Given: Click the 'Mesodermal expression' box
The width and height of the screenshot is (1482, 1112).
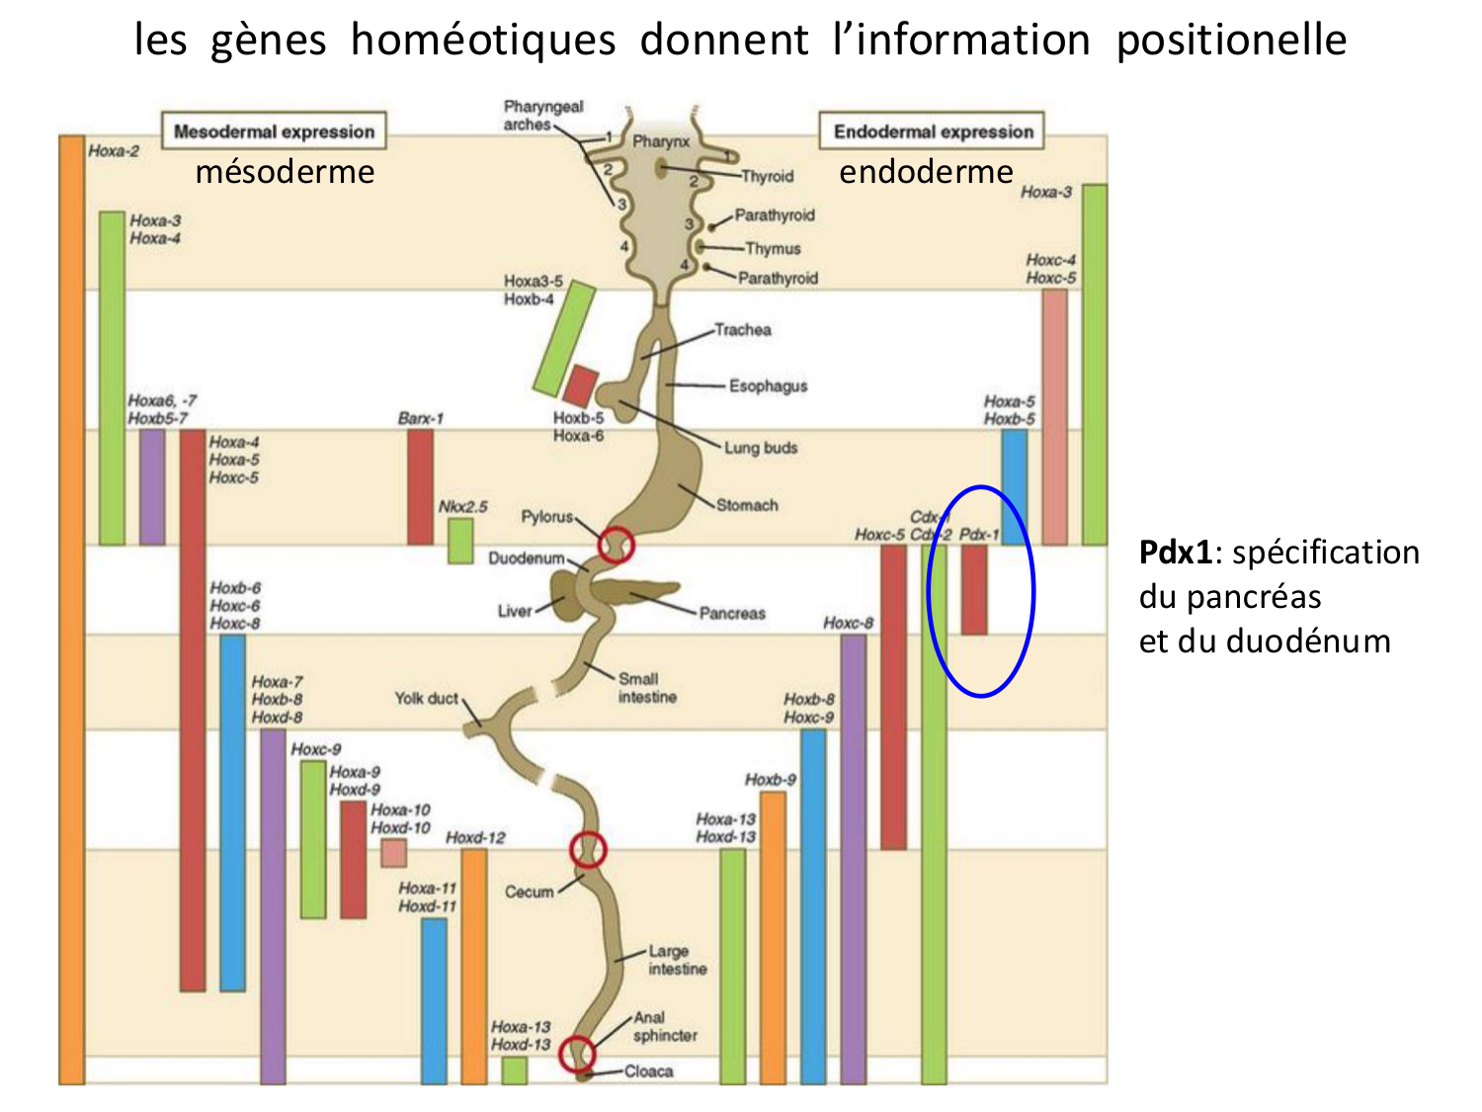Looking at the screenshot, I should (274, 131).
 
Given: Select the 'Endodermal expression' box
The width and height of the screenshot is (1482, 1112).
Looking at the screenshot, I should (933, 131).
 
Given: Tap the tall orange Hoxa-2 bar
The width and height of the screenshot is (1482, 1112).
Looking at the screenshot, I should (72, 608).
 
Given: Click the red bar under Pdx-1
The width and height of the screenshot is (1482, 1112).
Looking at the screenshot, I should (974, 589).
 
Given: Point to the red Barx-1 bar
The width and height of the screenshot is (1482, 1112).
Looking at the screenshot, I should (420, 486).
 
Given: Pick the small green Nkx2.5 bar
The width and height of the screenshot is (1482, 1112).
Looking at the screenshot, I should (460, 541).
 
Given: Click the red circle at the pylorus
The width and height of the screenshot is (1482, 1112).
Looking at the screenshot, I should (616, 545).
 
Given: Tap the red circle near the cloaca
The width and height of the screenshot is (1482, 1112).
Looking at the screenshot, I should (577, 1054).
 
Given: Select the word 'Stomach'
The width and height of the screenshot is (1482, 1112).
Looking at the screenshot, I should (747, 505).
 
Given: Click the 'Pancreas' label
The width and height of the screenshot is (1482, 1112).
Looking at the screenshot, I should (732, 613).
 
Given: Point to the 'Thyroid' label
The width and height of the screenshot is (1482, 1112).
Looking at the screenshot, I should (768, 176).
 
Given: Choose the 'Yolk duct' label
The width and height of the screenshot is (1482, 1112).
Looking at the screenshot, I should (427, 699).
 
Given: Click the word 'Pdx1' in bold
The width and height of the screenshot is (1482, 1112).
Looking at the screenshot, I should (1175, 552).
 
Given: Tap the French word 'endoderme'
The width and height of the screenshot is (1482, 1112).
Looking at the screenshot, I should (926, 172).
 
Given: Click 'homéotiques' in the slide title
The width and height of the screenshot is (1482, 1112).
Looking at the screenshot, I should (483, 41).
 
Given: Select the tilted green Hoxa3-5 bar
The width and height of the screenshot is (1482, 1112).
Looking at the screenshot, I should (564, 339).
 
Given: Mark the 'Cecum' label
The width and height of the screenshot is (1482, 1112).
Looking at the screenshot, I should (530, 892).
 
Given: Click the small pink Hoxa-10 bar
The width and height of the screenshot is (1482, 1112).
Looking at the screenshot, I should (394, 853).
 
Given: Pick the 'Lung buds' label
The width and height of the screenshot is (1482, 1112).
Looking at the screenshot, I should (761, 448).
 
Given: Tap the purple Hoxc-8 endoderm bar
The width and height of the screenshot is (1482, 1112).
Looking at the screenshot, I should (854, 858).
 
